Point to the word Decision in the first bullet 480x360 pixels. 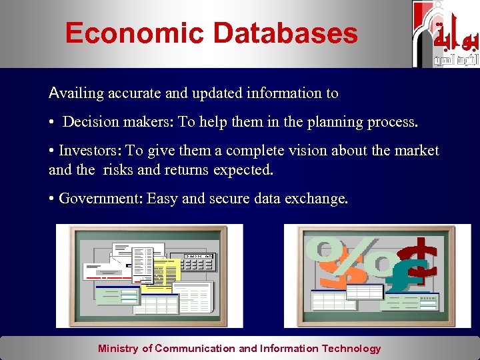coord(89,123)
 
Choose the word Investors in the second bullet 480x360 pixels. coord(86,151)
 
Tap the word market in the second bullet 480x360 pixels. coord(417,151)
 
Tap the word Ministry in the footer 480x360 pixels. coord(119,348)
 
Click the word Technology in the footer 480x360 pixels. coord(351,348)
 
